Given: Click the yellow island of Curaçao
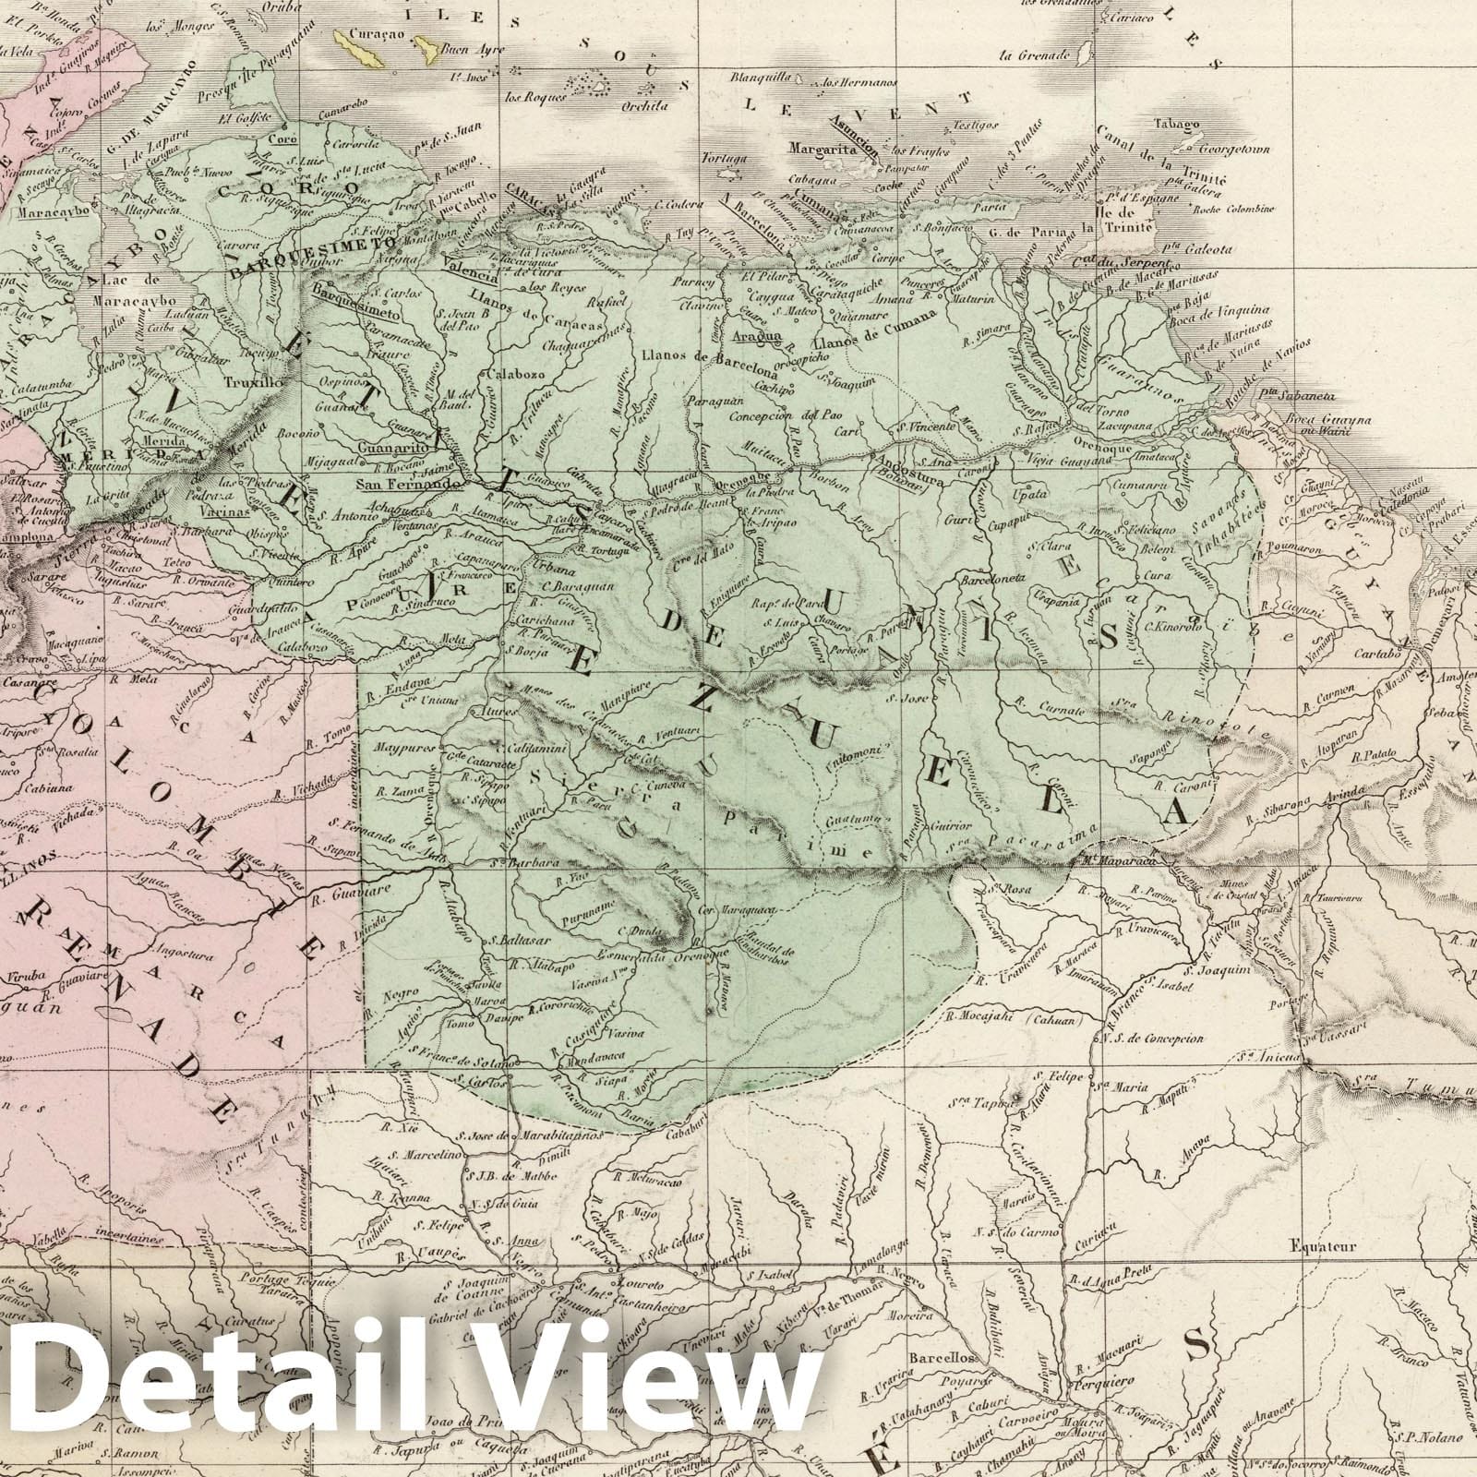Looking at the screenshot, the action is click(x=359, y=47).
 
